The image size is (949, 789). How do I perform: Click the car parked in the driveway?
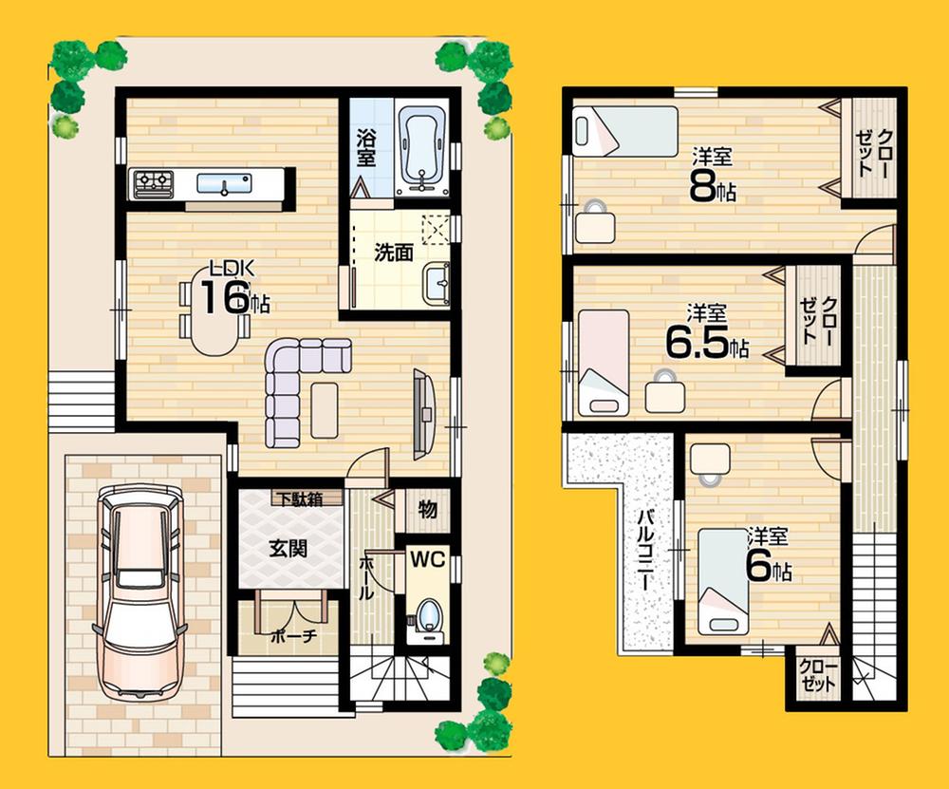coord(140,593)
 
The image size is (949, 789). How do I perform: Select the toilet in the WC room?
coord(428,612)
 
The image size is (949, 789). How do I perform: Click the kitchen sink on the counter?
coord(224,183)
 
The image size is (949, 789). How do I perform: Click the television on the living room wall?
coord(422,410)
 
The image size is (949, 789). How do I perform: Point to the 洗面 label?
coord(392,253)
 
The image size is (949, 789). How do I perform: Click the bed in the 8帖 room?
coord(624,131)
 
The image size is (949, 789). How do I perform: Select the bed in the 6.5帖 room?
coord(604,361)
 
